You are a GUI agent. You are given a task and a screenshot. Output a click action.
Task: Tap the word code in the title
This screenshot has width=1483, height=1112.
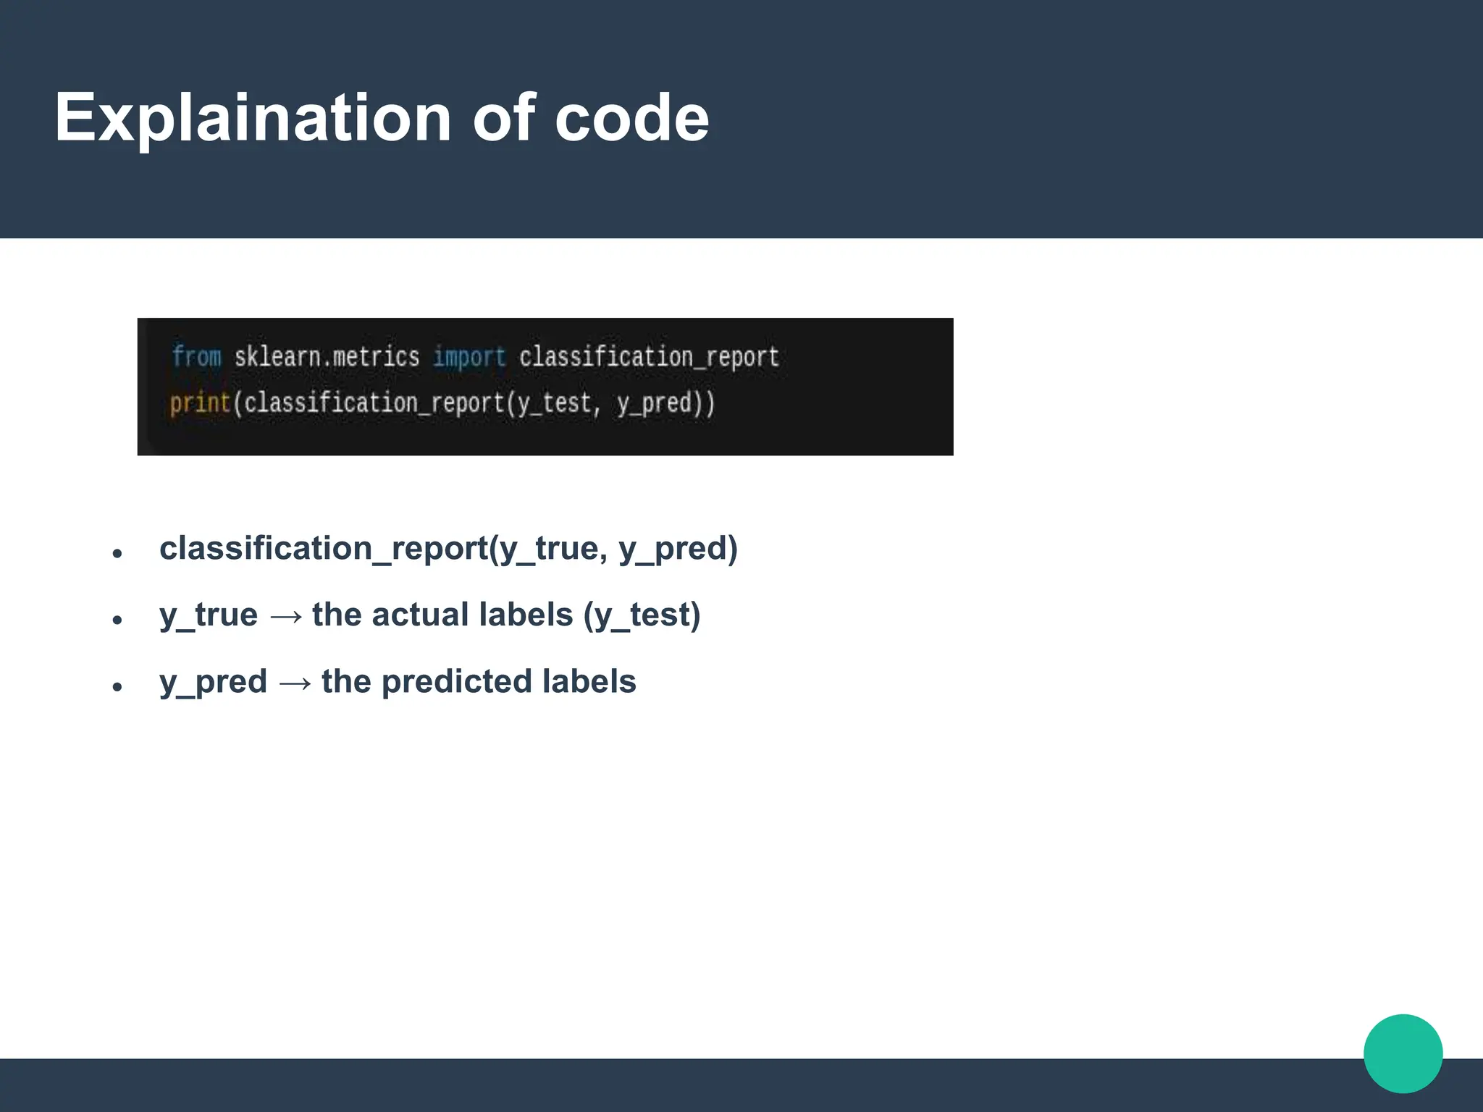pos(631,118)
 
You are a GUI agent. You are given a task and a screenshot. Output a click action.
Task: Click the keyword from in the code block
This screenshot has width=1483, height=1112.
pos(197,357)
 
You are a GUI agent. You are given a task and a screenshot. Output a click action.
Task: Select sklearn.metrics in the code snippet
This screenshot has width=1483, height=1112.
pos(327,357)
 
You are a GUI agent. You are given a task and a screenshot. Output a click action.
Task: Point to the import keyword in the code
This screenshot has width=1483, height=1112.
pos(469,357)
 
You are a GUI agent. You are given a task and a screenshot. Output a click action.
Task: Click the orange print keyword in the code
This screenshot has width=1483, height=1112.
pos(200,403)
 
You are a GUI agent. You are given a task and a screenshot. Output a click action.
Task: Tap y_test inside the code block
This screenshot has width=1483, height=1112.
pos(559,403)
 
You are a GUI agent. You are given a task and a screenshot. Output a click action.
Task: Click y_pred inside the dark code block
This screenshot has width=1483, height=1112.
pos(655,403)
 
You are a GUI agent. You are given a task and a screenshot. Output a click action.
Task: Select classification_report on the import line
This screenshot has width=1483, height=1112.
pos(649,357)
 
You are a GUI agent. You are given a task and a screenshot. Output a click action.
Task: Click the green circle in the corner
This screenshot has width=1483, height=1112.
pos(1403,1053)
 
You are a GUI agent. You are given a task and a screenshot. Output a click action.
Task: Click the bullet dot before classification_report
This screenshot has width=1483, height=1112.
pos(117,554)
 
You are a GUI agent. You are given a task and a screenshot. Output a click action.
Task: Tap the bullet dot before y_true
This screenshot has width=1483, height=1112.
pos(117,620)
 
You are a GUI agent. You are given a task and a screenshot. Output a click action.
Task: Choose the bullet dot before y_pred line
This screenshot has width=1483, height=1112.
pos(117,687)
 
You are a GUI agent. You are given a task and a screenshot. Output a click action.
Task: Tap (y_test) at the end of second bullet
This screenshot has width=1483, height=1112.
pos(642,615)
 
